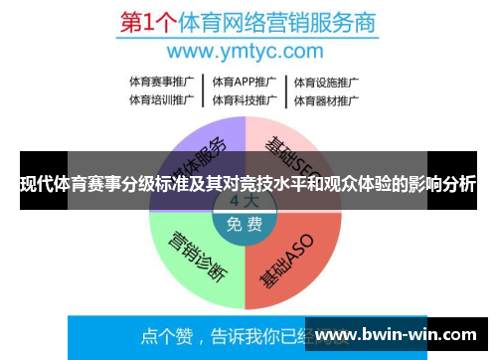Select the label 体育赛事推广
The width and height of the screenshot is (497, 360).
coord(161,82)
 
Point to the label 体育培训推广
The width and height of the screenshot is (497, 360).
coord(161,99)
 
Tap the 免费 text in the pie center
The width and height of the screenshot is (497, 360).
coord(244,225)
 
